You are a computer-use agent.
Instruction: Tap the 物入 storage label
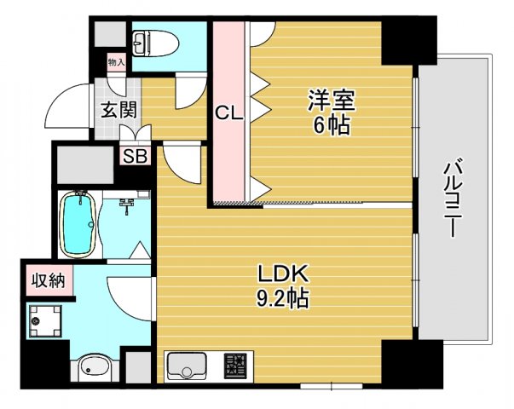tap(116, 61)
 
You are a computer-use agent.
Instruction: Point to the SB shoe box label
tap(134, 156)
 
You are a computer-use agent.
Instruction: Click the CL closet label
tap(228, 112)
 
